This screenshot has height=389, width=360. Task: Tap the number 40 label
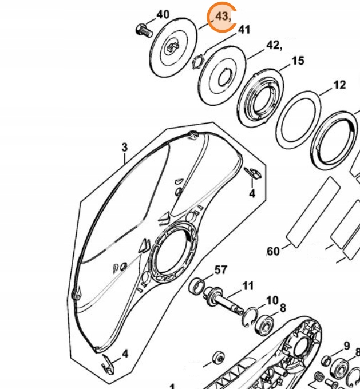[x=163, y=14]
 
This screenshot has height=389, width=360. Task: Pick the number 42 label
[x=273, y=46]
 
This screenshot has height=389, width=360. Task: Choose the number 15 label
[x=298, y=61]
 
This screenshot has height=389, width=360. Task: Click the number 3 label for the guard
[x=125, y=147]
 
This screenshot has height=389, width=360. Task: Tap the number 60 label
[x=274, y=250]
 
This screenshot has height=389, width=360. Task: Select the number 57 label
[x=221, y=269]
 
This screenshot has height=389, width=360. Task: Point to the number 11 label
[x=247, y=285]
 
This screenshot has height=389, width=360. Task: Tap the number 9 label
[x=346, y=346]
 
